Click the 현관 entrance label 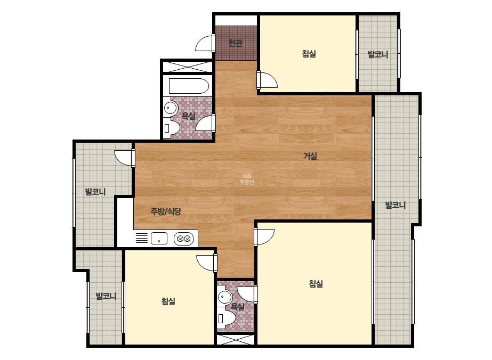tap(235, 43)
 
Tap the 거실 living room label tap(310, 156)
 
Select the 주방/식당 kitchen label tap(166, 211)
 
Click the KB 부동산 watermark tap(247, 179)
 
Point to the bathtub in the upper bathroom tap(189, 86)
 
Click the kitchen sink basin tap(159, 239)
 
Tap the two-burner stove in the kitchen tap(183, 239)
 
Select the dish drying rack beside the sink tap(141, 238)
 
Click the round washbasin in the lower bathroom tap(224, 296)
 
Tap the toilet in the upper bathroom tap(172, 128)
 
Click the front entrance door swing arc tap(204, 43)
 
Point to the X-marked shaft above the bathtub tap(188, 67)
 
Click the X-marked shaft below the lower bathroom tap(235, 340)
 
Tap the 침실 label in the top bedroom tap(309, 54)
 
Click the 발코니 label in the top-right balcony tap(378, 54)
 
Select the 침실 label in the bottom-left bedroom tap(168, 301)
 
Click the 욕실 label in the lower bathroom tap(238, 306)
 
